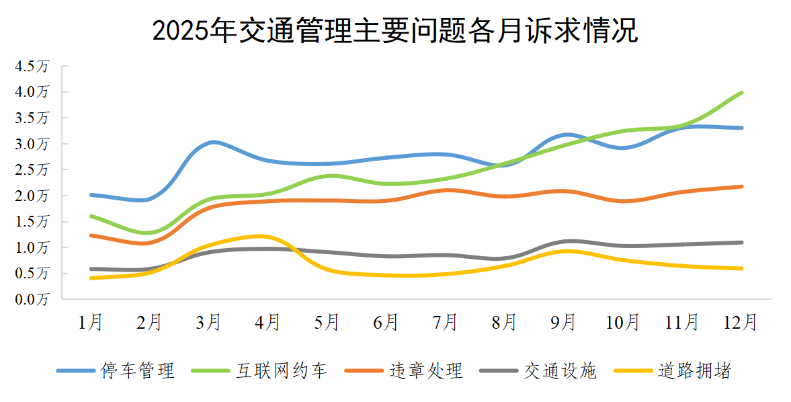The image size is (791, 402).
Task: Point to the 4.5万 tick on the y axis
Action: coord(33,67)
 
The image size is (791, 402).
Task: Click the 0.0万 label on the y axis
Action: coord(33,299)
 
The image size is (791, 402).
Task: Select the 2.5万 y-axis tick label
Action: coord(33,170)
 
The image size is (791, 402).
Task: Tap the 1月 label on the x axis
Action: coord(91,323)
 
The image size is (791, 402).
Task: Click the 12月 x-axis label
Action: coord(741,323)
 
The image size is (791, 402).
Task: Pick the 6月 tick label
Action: coord(386,323)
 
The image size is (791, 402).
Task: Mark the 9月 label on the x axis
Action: coord(564,323)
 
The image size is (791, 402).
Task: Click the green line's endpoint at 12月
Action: coord(741,93)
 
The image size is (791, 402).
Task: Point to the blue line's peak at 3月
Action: coord(212,142)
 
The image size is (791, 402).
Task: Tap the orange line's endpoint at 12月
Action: coord(741,186)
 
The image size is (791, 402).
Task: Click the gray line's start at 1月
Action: coord(91,269)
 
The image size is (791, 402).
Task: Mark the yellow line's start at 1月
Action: coord(91,278)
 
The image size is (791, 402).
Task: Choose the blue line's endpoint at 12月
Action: coord(741,128)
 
